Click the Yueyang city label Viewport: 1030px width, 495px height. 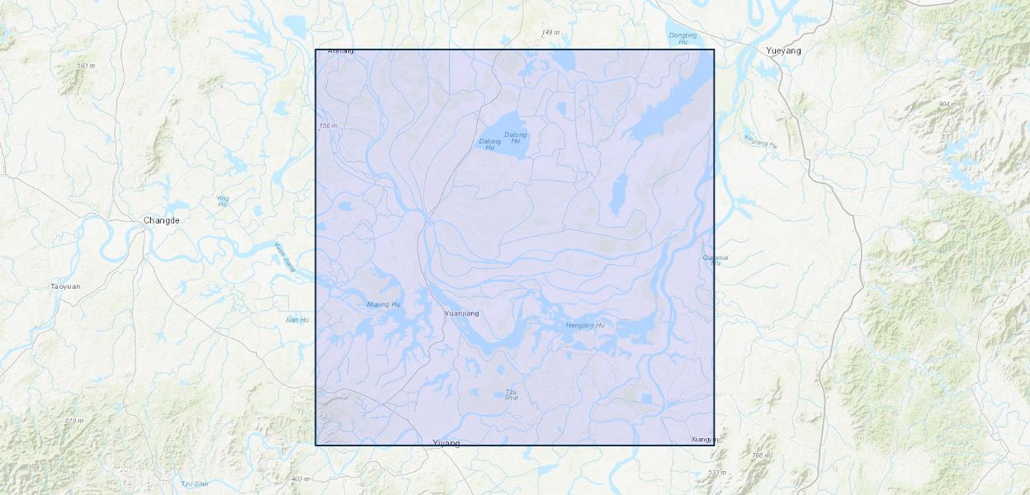pyautogui.click(x=783, y=50)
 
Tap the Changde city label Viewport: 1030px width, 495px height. pyautogui.click(x=161, y=220)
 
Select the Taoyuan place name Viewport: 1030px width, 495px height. pyautogui.click(x=66, y=286)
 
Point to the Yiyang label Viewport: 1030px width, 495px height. pyautogui.click(x=446, y=444)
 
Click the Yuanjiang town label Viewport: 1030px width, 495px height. pyautogui.click(x=461, y=313)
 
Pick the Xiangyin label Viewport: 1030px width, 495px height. pyautogui.click(x=704, y=440)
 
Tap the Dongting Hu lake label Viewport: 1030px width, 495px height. pyautogui.click(x=683, y=39)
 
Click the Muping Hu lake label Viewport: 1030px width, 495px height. pyautogui.click(x=383, y=304)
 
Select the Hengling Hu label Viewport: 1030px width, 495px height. pyautogui.click(x=585, y=325)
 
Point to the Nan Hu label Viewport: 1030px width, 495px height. pyautogui.click(x=297, y=320)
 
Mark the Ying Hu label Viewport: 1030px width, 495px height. pyautogui.click(x=222, y=200)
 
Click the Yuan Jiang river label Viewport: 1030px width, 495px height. pyautogui.click(x=285, y=257)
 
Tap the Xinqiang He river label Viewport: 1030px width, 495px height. pyautogui.click(x=760, y=141)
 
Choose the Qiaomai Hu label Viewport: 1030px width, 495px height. pyautogui.click(x=715, y=260)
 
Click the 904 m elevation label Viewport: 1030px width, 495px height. pyautogui.click(x=947, y=104)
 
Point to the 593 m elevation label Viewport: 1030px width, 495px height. pyautogui.click(x=86, y=66)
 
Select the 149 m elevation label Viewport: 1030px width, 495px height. pyautogui.click(x=550, y=32)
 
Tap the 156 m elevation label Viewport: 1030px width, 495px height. pyautogui.click(x=328, y=125)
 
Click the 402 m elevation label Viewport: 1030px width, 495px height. pyautogui.click(x=300, y=478)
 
